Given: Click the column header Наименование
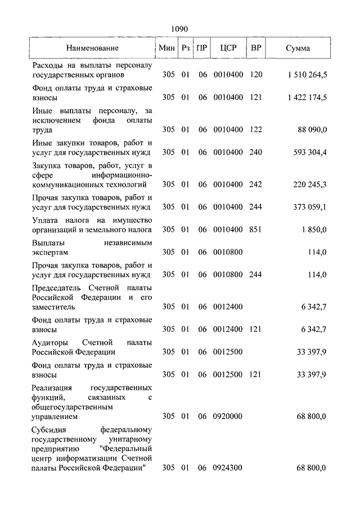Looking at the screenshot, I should pos(93,48).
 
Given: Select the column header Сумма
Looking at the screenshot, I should pos(298,48).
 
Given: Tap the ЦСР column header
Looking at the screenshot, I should pos(228,48).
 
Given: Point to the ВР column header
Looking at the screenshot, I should pos(256,48).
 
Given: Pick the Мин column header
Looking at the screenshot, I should pos(167,48).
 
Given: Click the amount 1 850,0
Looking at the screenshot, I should pos(314,229).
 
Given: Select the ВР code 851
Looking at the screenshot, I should pos(256,229).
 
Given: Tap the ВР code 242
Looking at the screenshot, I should pos(256,184).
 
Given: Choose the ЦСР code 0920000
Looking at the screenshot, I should pos(228,417).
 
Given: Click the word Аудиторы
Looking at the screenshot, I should pos(51,343).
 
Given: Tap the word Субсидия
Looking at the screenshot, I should pos(52,430).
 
